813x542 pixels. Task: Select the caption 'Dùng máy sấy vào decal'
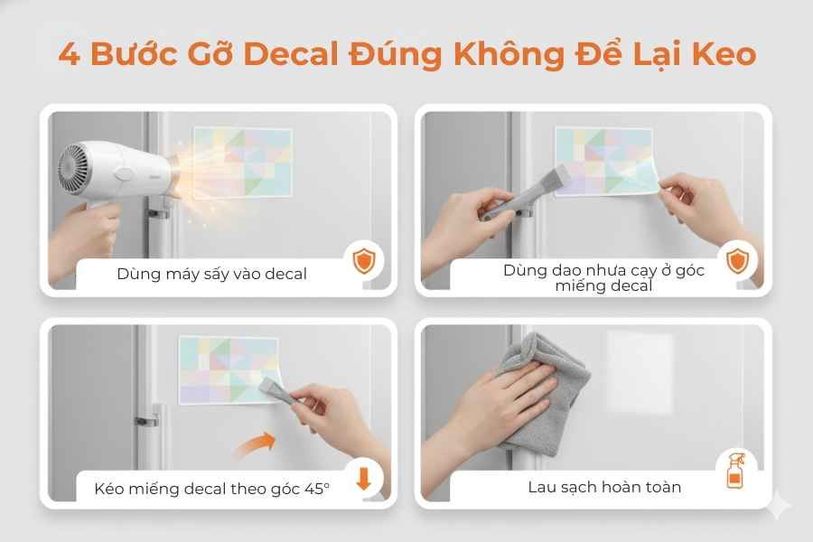coord(211,273)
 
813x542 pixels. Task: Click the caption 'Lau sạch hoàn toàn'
coord(604,487)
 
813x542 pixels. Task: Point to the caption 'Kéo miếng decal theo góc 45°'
coord(211,489)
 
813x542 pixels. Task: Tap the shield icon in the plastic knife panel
coord(739,262)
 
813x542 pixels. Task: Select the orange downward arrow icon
coord(364,478)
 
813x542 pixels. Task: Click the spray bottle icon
coord(736,472)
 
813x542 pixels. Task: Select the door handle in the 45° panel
coord(148,420)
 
